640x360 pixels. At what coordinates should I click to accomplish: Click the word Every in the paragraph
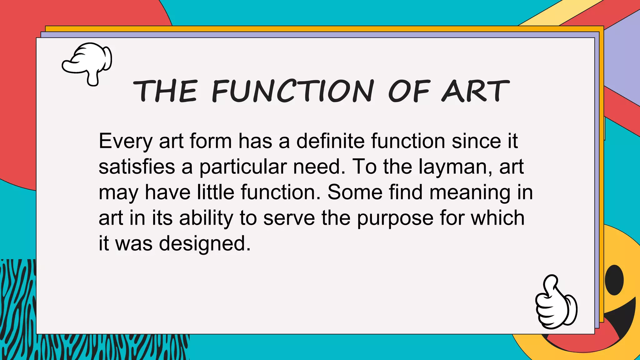(125, 142)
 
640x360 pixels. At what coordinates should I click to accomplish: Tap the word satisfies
(137, 167)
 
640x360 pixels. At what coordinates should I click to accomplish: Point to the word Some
(355, 192)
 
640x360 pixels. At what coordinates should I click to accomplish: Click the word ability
(206, 218)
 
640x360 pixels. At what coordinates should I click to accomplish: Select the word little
(216, 192)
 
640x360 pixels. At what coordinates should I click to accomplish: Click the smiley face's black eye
(614, 280)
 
